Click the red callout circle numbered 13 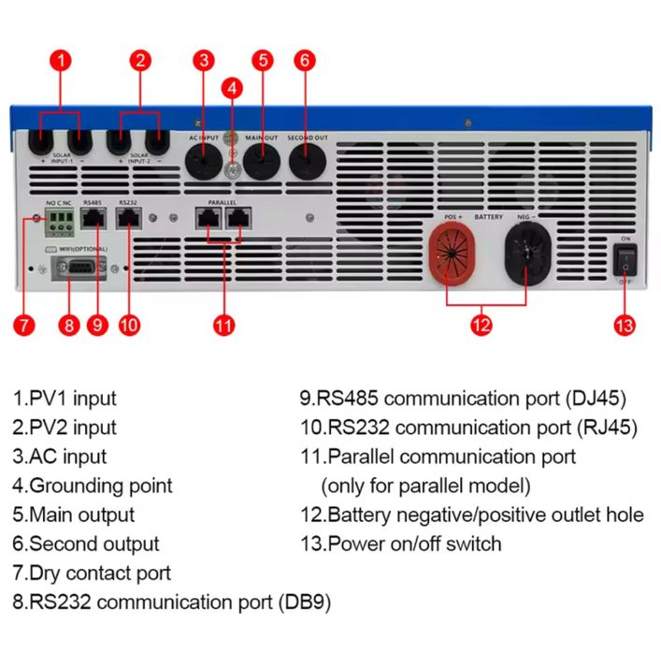(624, 325)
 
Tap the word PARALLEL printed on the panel (223, 202)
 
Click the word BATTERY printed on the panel (488, 217)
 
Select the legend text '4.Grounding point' (93, 486)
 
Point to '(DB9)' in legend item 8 (303, 602)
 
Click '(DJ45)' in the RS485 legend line (596, 399)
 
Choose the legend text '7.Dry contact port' (92, 573)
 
